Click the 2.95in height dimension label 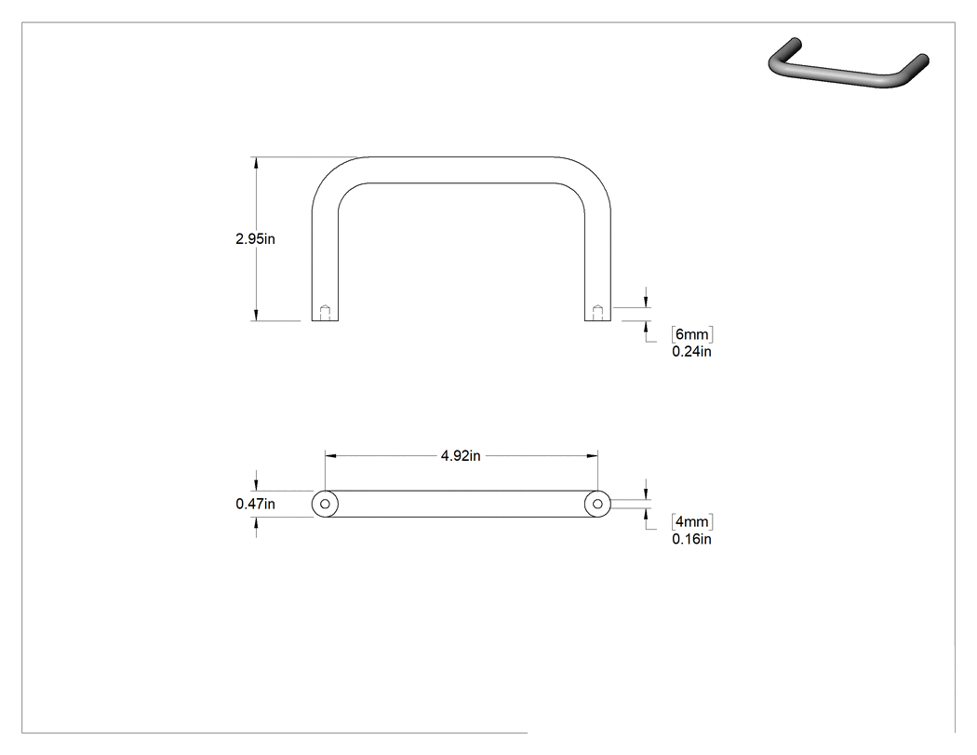click(256, 238)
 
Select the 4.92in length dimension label click(461, 456)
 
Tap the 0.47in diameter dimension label click(256, 504)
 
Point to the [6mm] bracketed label click(692, 334)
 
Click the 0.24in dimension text click(691, 352)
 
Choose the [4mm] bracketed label click(692, 521)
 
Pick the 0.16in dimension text click(691, 539)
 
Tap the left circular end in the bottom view click(326, 504)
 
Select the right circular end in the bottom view click(597, 504)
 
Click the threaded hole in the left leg click(325, 313)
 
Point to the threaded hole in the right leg click(597, 313)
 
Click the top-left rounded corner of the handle click(331, 176)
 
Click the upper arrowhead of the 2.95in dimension click(256, 163)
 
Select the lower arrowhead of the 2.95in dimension click(256, 315)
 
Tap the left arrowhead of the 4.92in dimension click(331, 456)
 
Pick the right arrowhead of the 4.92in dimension click(591, 456)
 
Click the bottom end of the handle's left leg click(326, 320)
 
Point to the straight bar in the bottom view click(462, 504)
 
